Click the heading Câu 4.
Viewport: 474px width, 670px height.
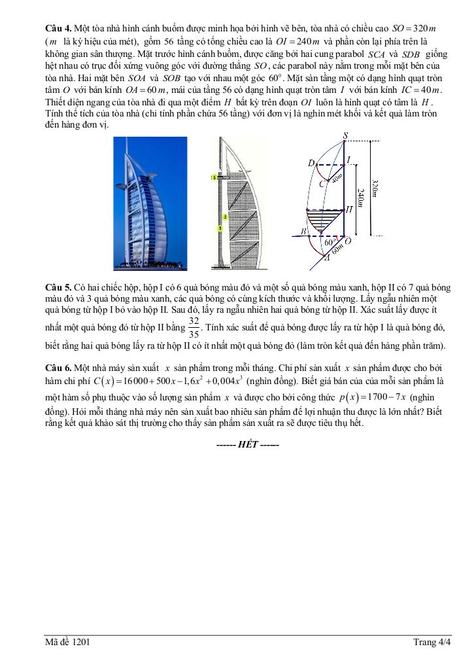[58, 29]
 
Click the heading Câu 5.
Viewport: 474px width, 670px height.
[58, 287]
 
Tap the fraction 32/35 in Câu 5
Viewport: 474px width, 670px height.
[194, 326]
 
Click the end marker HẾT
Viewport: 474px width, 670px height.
[248, 445]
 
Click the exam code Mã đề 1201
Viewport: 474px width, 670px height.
[68, 642]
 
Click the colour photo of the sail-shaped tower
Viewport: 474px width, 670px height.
[150, 203]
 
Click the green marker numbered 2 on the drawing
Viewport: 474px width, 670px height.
[224, 217]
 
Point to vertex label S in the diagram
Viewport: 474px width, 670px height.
[345, 135]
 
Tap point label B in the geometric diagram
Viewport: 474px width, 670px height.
[303, 231]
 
